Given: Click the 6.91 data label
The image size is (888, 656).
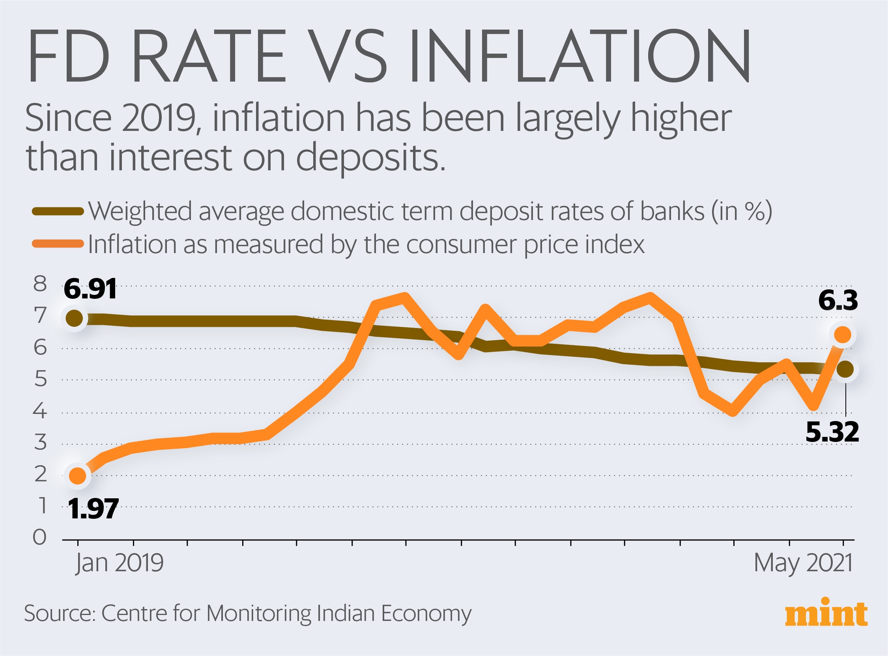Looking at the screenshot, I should point(90,289).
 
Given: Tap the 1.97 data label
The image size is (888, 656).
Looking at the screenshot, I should point(93,509).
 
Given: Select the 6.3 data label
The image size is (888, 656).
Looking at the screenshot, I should point(838,300).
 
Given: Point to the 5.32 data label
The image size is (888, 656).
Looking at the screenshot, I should point(832,432).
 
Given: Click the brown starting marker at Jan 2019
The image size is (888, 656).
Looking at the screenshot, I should point(74,318).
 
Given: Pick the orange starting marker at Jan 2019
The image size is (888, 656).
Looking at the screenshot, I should point(77,475).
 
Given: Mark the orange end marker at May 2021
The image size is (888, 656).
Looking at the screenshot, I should point(842,334).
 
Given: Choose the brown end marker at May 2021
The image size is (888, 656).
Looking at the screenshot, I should point(845,369).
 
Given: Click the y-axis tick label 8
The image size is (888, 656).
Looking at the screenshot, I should point(40,284).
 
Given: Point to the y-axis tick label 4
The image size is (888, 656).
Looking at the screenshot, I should point(40,411).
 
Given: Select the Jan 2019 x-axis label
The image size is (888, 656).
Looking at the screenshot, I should point(119,563).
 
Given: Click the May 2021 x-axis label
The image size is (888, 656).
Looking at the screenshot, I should point(803,563).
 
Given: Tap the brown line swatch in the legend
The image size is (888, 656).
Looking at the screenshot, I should point(58,211).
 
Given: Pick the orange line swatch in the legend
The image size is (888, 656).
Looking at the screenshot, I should point(58,244).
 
